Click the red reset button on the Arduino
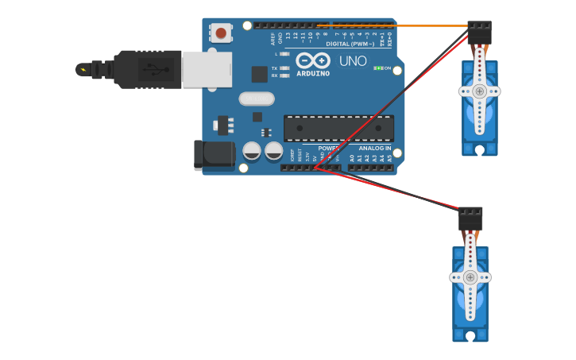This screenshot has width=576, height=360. pyautogui.click(x=220, y=33)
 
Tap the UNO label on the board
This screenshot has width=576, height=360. pyautogui.click(x=353, y=61)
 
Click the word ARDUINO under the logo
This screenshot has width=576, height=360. pyautogui.click(x=312, y=73)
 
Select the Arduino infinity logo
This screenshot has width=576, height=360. pyautogui.click(x=312, y=60)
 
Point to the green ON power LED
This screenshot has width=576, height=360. pyautogui.click(x=379, y=68)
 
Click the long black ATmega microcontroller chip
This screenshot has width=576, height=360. pyautogui.click(x=338, y=128)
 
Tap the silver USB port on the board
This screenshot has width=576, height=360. pyautogui.click(x=207, y=69)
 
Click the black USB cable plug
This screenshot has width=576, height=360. pyautogui.click(x=147, y=69)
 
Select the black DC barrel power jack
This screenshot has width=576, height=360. pyautogui.click(x=214, y=155)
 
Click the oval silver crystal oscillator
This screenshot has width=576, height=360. pyautogui.click(x=256, y=99)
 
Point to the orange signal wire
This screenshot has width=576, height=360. pyautogui.click(x=397, y=26)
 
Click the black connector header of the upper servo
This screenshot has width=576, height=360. pyautogui.click(x=479, y=32)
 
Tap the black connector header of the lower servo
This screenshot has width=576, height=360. pyautogui.click(x=470, y=219)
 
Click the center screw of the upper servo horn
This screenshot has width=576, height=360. pyautogui.click(x=479, y=91)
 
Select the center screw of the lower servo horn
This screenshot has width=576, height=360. pyautogui.click(x=470, y=277)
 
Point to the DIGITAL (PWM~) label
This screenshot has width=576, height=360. pyautogui.click(x=350, y=44)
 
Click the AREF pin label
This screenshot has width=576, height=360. pyautogui.click(x=273, y=37)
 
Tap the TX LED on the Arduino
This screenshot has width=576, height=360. pyautogui.click(x=284, y=68)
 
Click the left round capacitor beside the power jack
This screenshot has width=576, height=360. pyautogui.click(x=252, y=150)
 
